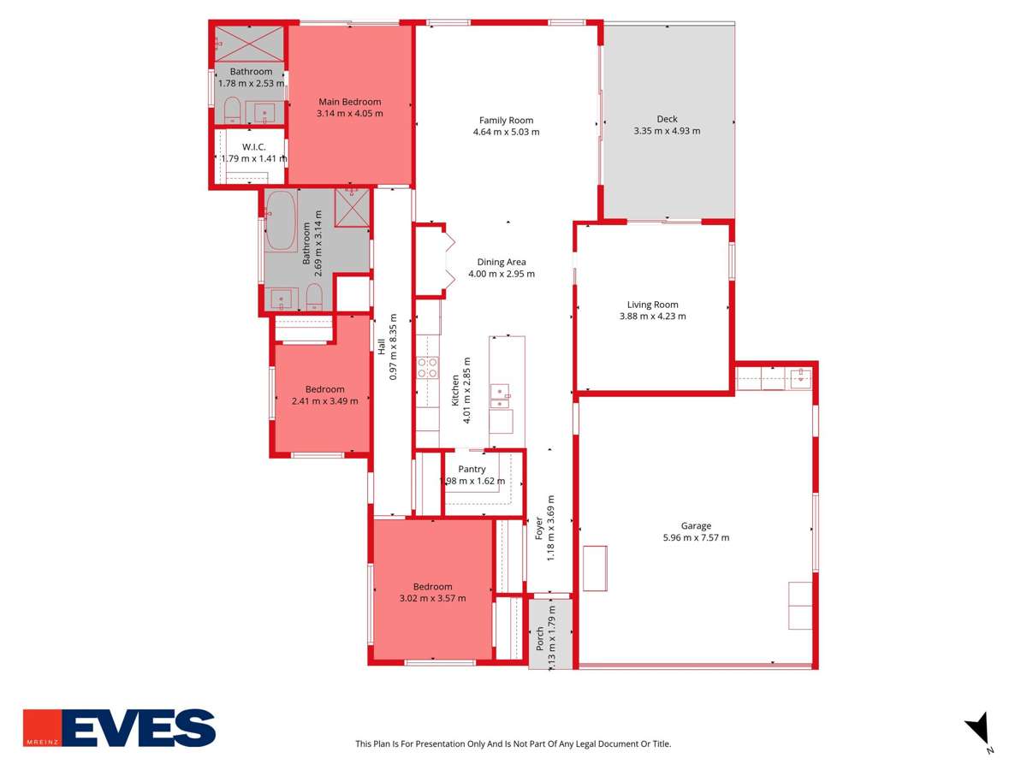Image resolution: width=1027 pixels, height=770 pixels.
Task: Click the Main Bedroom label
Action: tap(349, 102)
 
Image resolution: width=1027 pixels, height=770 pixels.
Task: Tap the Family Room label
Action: tap(506, 121)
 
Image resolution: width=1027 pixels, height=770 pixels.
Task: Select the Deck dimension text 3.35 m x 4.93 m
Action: tap(667, 131)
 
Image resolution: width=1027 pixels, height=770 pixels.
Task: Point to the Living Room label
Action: tap(652, 305)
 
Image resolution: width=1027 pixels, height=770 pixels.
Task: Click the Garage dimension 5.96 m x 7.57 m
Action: tap(696, 537)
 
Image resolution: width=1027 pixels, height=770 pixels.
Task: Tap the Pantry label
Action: tap(472, 469)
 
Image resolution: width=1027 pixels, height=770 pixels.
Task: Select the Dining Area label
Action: tap(502, 263)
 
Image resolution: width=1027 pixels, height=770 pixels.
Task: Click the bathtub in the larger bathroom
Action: tap(281, 221)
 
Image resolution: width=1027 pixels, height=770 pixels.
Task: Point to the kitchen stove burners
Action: tap(426, 368)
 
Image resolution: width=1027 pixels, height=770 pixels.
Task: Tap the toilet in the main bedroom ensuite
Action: tap(232, 110)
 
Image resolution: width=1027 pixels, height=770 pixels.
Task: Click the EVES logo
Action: tap(119, 728)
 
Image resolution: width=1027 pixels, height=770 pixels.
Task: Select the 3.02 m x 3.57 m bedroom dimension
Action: tap(432, 598)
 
